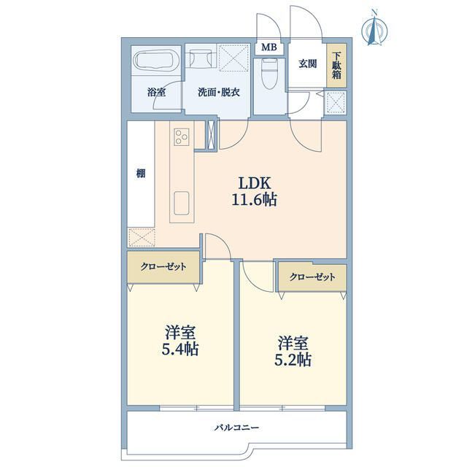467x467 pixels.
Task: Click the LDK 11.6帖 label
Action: pos(255,191)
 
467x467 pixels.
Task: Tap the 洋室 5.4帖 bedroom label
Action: pos(180,341)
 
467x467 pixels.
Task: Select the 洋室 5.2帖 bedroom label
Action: pos(293,352)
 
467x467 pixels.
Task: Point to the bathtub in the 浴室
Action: pos(156,60)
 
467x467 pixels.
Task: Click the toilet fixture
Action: pos(270,73)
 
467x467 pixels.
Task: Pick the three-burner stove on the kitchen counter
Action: pos(182,136)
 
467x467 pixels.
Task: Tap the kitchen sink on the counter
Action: pos(182,203)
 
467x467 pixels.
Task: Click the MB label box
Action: pos(269,47)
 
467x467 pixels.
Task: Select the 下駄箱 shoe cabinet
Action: pos(336,66)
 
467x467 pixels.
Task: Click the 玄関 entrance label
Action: pos(308,63)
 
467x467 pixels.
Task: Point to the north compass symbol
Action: pos(375,29)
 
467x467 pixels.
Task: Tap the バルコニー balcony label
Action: pos(236,428)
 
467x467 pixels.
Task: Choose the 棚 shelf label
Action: pos(141,173)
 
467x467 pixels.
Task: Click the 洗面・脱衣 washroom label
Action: pos(219,92)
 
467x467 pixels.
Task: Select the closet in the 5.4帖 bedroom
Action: pos(163,266)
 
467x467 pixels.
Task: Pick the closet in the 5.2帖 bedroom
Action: pos(312,277)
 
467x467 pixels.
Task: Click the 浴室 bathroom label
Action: pos(156,92)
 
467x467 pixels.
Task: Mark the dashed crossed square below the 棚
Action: pos(142,237)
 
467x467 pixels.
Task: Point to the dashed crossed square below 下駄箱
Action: pos(336,103)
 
